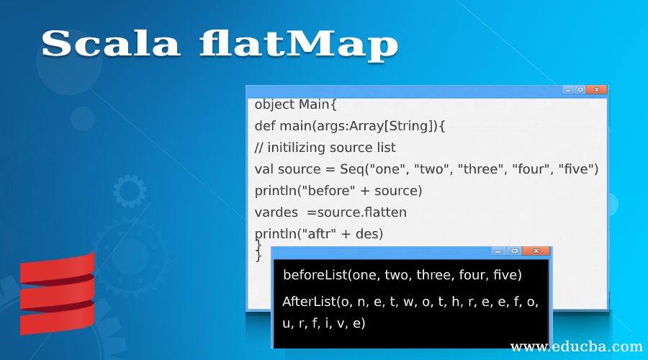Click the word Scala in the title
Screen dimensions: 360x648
tap(109, 44)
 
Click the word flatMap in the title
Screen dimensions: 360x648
tap(298, 44)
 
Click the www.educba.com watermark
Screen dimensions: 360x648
tap(576, 346)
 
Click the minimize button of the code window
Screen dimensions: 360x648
tap(567, 90)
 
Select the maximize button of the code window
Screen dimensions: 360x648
tap(580, 90)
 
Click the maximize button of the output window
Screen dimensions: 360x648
tap(514, 251)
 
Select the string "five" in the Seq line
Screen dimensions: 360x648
tap(578, 168)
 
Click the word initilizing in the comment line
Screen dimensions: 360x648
tap(301, 147)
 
